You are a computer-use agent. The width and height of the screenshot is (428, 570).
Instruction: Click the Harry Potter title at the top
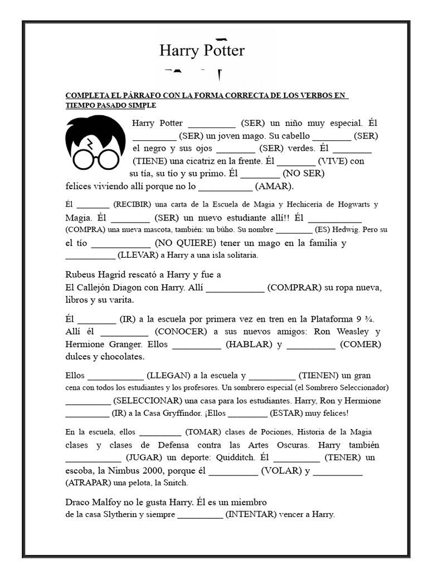coord(202,51)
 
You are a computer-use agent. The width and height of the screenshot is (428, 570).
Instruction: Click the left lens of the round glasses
coord(84,160)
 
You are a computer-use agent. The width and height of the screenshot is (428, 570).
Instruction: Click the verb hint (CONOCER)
coord(179,332)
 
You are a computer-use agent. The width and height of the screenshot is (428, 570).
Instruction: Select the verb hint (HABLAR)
coord(248,344)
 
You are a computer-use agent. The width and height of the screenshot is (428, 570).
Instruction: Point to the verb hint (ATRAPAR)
coord(89,483)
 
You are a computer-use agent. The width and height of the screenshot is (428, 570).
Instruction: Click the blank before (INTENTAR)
coord(200,515)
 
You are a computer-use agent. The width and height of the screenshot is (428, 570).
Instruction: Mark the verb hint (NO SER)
coord(304,174)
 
